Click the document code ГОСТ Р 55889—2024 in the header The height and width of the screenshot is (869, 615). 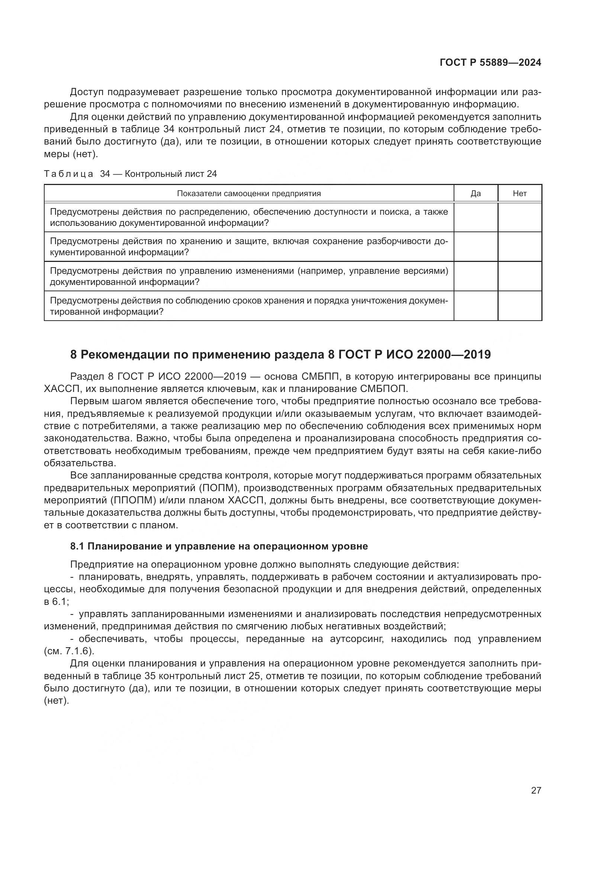(x=490, y=63)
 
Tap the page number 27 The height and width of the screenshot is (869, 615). (x=536, y=790)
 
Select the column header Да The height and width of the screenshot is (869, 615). (x=475, y=194)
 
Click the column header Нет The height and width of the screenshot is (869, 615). (x=519, y=194)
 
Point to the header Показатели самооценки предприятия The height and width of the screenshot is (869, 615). (x=249, y=194)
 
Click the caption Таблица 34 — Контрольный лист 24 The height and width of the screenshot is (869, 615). (x=130, y=174)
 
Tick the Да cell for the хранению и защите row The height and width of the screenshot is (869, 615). (x=475, y=247)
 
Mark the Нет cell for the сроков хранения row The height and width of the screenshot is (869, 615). (x=519, y=306)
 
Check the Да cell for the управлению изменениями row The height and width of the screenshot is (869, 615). (x=475, y=276)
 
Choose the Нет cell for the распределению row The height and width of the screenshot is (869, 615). (x=519, y=217)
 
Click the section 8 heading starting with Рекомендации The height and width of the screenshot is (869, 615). (x=280, y=355)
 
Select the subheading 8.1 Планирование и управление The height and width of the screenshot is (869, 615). (x=219, y=546)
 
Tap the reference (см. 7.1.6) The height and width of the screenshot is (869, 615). (x=69, y=651)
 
